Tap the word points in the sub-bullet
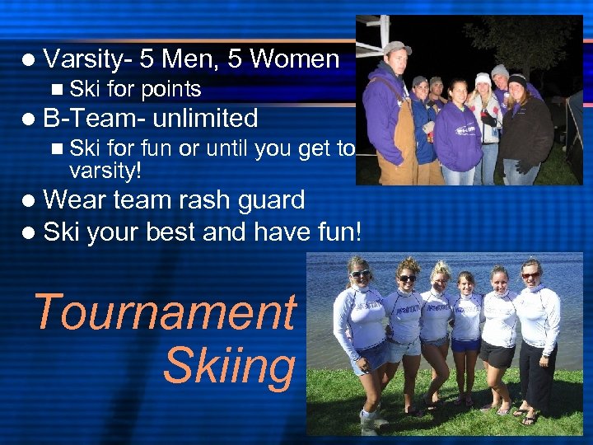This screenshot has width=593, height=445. [170, 89]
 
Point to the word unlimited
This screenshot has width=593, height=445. [205, 119]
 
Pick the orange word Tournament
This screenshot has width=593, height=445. [164, 313]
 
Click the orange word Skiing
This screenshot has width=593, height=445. [228, 367]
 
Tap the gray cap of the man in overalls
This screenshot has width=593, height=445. [396, 47]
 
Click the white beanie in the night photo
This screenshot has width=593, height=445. [483, 79]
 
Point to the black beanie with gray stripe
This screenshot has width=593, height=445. [516, 80]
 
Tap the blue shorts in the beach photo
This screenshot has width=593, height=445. [466, 344]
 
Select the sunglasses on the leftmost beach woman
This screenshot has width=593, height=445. [361, 273]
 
